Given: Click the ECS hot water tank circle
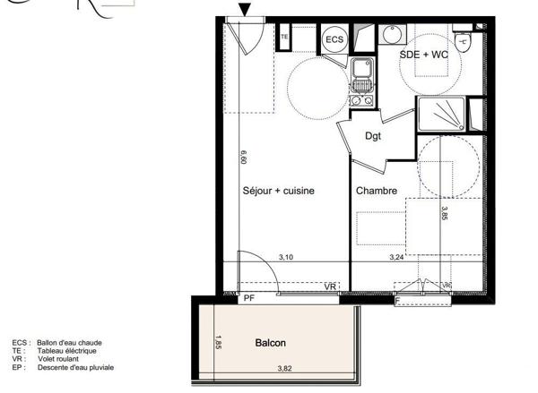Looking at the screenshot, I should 334,39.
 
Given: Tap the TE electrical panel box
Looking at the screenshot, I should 284,37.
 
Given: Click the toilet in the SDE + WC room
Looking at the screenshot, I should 463,38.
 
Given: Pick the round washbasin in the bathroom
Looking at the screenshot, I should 393,34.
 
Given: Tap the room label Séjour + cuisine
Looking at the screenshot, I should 279,191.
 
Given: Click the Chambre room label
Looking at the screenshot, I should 377,191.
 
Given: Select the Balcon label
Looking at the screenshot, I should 270,343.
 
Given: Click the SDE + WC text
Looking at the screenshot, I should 423,55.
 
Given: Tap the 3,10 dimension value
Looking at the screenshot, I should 286,257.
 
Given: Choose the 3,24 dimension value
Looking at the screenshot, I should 396,257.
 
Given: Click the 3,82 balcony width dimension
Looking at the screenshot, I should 284,368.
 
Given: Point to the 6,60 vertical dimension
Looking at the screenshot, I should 242,157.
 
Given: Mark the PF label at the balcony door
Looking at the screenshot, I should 249,298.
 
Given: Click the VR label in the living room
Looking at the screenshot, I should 330,286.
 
